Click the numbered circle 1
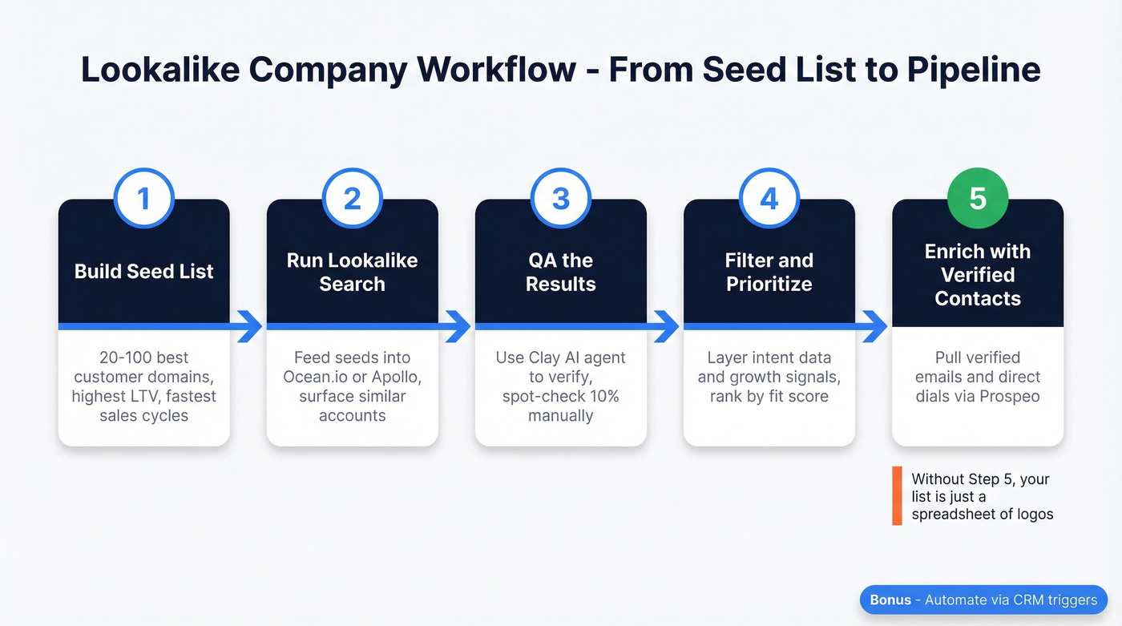pos(144,197)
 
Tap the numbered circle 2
pos(353,197)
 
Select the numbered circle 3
pos(561,197)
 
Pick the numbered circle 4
pos(769,197)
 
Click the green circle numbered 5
pos(978,197)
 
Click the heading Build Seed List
pos(144,272)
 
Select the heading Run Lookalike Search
pos(353,272)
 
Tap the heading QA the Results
pos(561,272)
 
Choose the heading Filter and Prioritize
pos(769,272)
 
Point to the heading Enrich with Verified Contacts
pos(978,275)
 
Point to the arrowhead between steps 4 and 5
pos(875,326)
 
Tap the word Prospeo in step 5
pos(1013,396)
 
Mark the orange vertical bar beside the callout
pos(897,496)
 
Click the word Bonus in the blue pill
pos(890,600)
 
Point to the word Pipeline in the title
pos(974,70)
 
